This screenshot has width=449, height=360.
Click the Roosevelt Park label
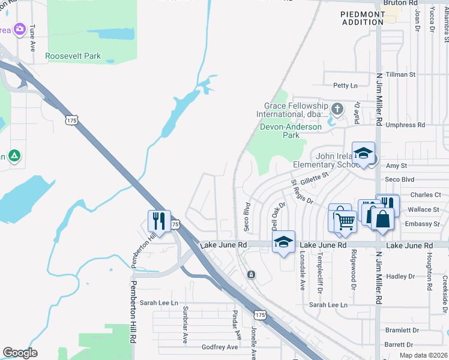point(73,56)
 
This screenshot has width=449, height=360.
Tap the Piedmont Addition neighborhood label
point(362,18)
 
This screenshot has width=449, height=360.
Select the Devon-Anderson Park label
point(291,131)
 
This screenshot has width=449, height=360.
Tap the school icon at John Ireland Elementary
point(363,154)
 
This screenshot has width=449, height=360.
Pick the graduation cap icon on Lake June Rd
point(283,242)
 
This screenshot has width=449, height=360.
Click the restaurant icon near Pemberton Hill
point(159,220)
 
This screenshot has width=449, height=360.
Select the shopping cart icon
point(345,221)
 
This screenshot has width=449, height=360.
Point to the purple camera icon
point(20,29)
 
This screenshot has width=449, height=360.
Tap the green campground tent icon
point(14,157)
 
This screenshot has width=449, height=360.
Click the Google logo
point(20,353)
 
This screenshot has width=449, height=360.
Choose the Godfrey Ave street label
point(220,347)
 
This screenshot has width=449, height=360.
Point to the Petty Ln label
point(345,86)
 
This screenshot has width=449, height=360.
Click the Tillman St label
point(400,74)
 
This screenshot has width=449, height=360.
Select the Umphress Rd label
point(405,125)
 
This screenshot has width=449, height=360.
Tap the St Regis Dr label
point(302,191)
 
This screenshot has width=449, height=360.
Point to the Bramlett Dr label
point(402,330)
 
